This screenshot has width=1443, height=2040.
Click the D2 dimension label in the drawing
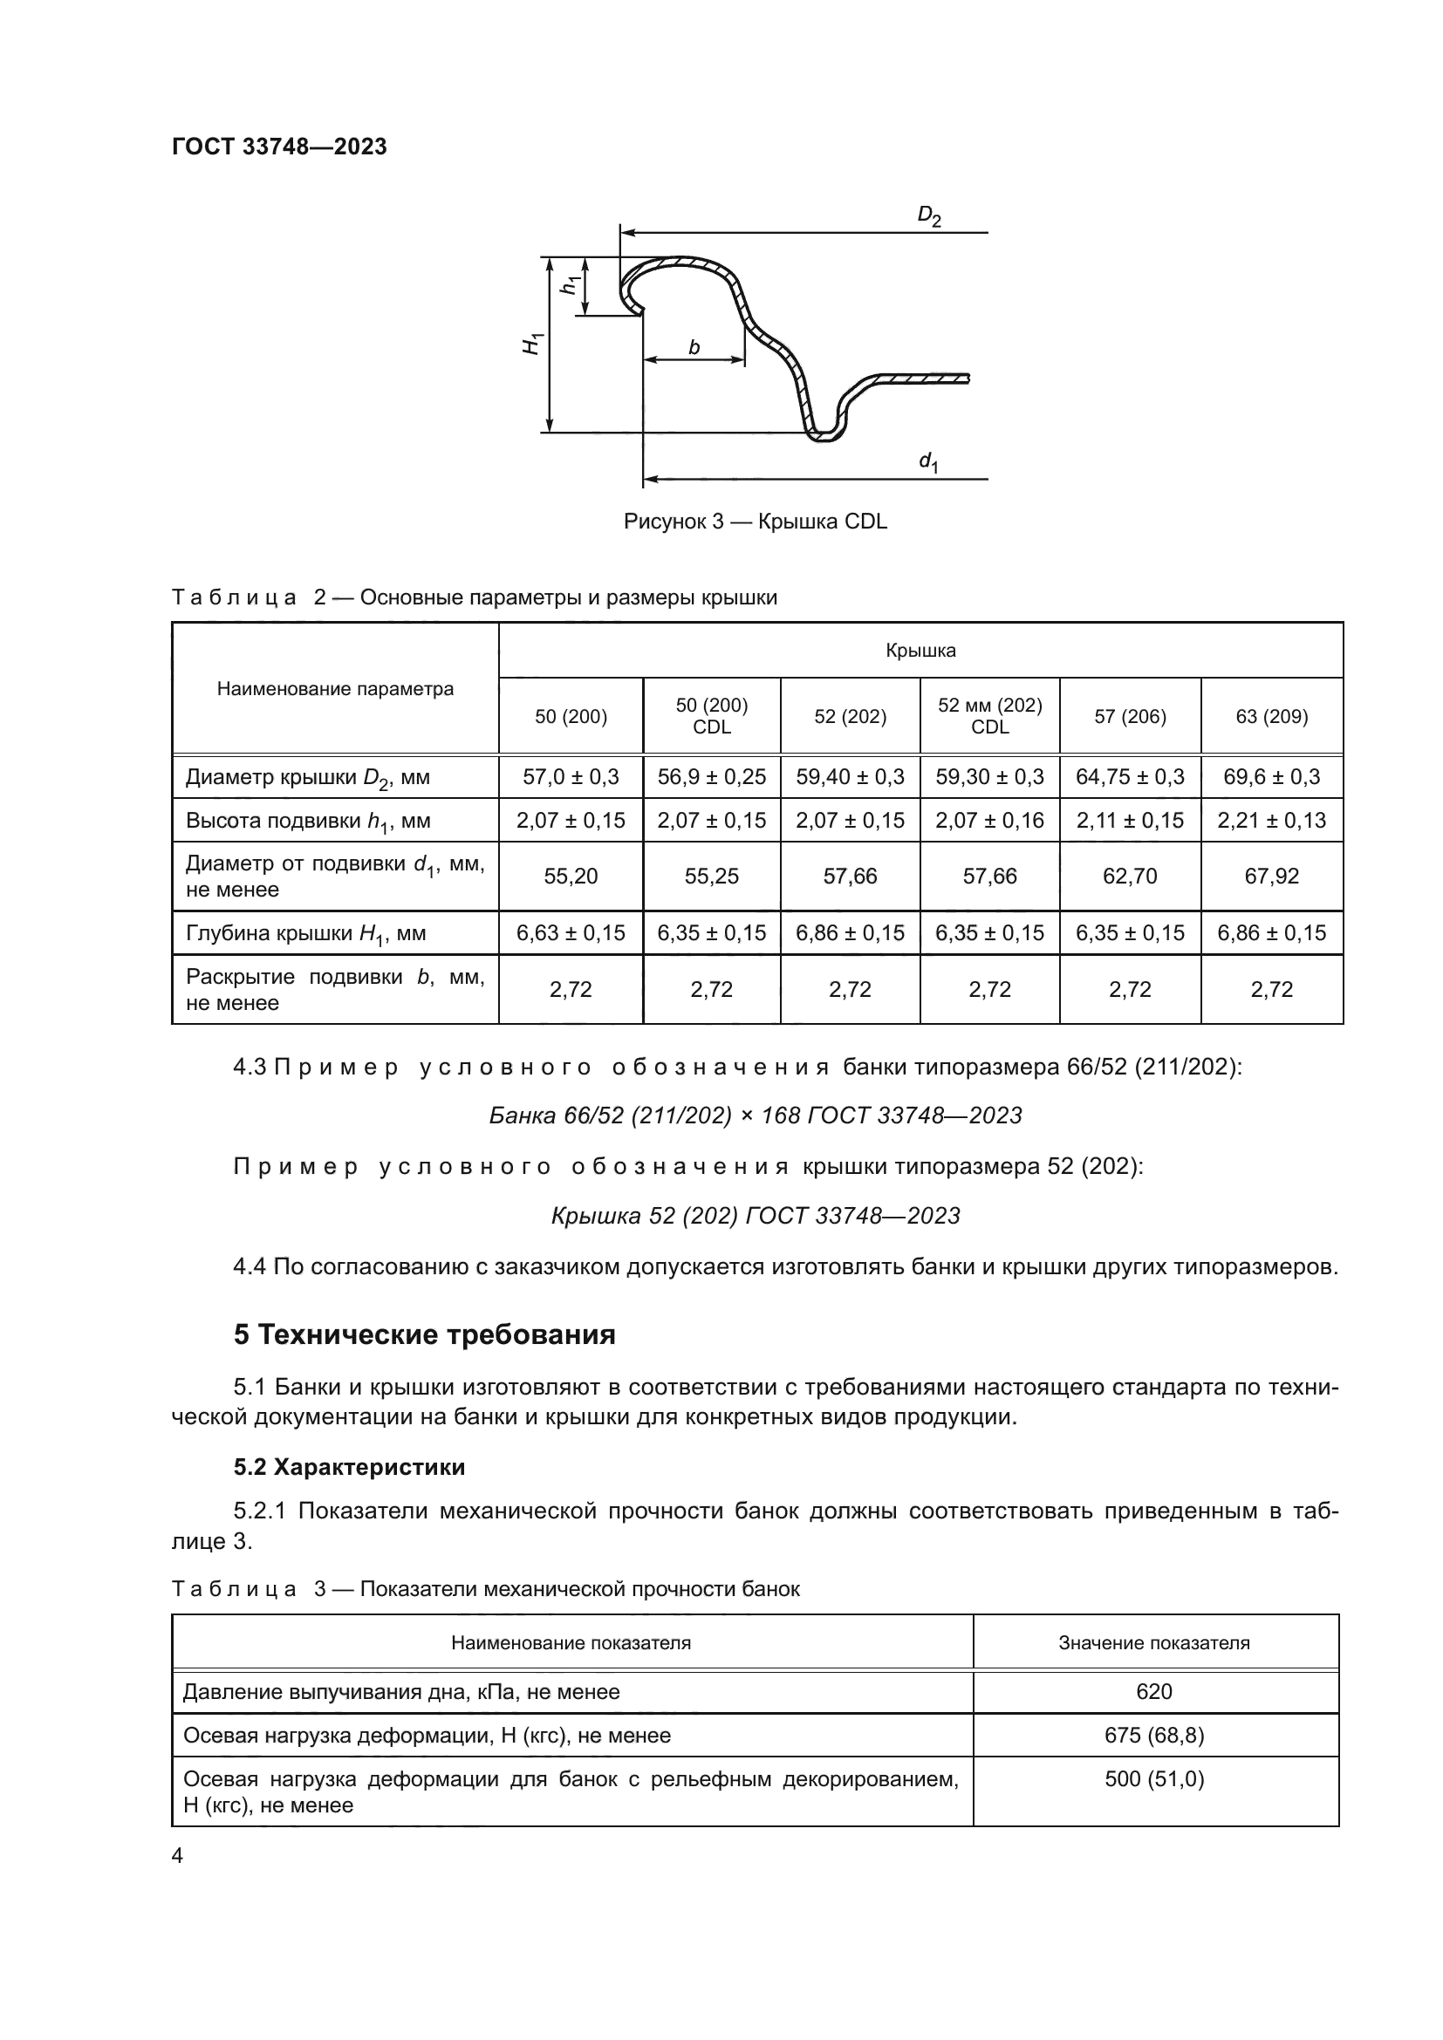928,216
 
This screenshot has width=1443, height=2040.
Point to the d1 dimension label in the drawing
928,462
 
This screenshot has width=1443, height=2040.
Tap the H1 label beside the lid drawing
532,344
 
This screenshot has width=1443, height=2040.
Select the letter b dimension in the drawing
694,347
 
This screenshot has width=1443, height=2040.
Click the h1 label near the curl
571,285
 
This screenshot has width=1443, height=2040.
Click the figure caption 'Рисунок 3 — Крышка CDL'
756,522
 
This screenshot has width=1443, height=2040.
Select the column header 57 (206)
1129,716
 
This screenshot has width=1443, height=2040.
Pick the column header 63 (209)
1271,716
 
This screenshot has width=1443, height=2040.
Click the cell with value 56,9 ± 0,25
711,776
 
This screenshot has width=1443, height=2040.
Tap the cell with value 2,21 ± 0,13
1271,820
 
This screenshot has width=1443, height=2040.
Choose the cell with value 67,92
1271,876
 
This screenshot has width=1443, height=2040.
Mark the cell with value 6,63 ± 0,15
571,933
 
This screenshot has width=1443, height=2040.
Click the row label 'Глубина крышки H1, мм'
305,934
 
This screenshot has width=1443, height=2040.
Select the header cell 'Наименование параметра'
335,689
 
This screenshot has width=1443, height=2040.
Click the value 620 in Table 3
1154,1692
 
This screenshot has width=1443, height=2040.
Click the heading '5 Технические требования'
425,1334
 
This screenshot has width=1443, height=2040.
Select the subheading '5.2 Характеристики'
349,1467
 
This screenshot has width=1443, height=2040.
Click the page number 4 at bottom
177,1855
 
